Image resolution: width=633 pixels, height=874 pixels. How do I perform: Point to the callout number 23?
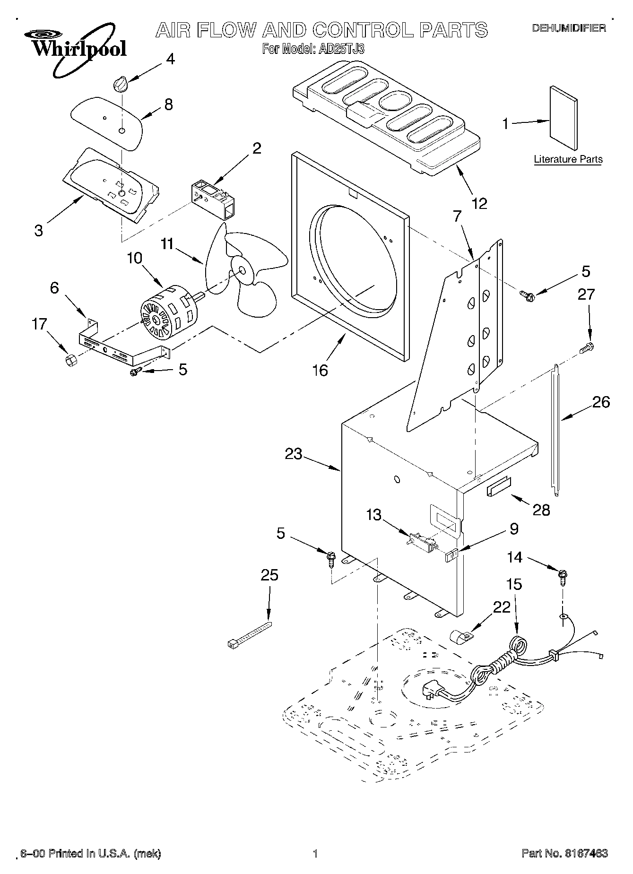pos(293,454)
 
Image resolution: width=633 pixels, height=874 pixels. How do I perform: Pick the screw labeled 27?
pos(587,347)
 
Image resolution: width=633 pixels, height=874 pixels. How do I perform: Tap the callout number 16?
pos(320,371)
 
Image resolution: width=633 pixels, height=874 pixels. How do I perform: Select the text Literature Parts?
pos(568,159)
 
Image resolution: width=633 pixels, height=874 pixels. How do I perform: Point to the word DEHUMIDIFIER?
pos(569,28)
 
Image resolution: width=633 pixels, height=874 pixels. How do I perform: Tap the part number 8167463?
pos(585,853)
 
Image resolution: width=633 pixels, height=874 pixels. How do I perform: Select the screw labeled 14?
pos(563,577)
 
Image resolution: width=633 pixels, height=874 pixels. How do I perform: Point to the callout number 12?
pos(479,204)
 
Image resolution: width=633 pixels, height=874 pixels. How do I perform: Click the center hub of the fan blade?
pos(242,271)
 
